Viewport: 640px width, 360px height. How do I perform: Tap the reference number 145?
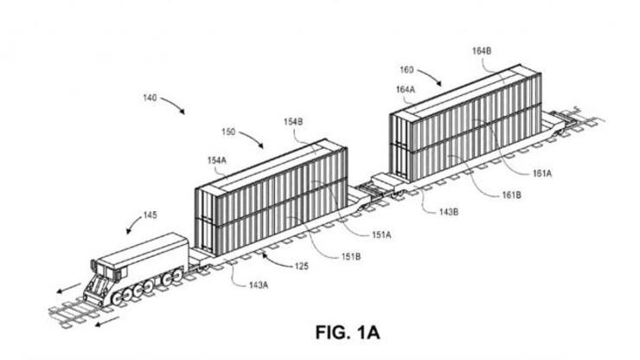coord(150,215)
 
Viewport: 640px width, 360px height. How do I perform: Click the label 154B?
coord(291,124)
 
